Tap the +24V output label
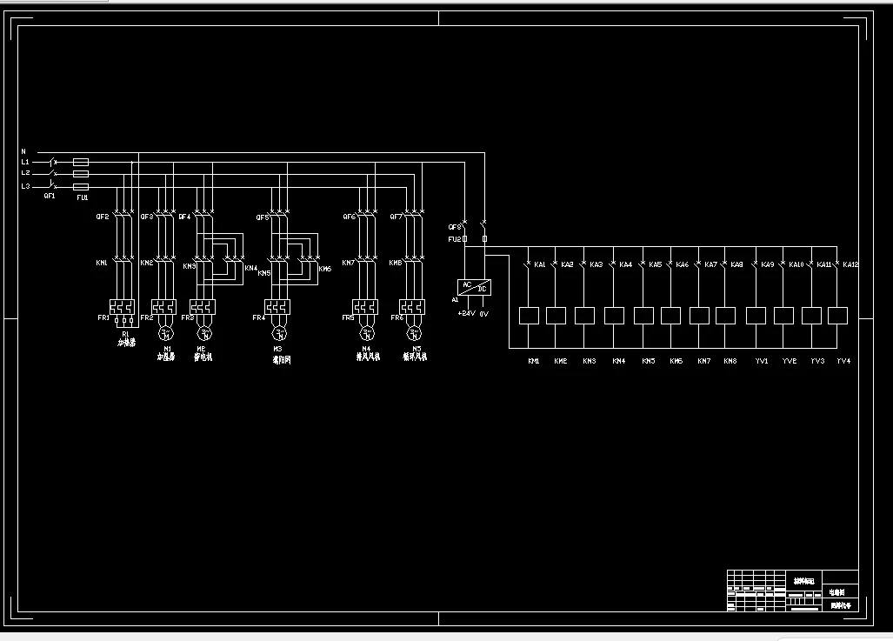[466, 313]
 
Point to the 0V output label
[484, 313]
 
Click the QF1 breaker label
[50, 197]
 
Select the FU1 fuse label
[83, 197]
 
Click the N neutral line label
[23, 151]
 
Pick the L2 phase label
[25, 174]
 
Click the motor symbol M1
[165, 333]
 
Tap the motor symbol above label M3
[279, 333]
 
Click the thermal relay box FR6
[412, 307]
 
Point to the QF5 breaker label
[262, 217]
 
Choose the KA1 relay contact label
[540, 264]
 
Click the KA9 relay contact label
[767, 264]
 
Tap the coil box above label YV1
[756, 315]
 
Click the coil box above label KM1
[529, 315]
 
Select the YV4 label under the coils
[843, 360]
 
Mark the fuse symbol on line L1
[80, 162]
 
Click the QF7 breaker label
[397, 217]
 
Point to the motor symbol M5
[413, 333]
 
